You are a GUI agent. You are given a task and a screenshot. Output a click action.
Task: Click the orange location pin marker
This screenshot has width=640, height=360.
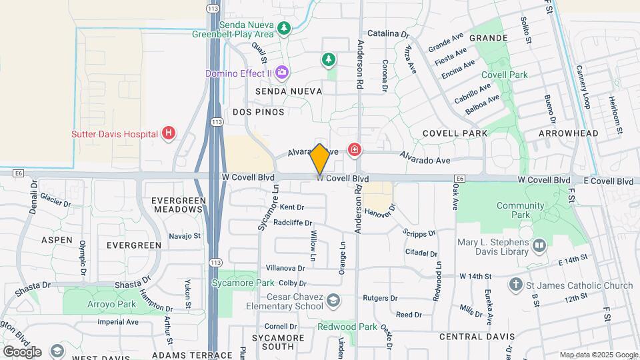[320, 159]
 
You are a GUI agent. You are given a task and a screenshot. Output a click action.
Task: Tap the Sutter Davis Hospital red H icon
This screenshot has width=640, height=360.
[169, 133]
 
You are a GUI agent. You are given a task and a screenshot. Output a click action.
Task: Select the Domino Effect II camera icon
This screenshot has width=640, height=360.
[282, 71]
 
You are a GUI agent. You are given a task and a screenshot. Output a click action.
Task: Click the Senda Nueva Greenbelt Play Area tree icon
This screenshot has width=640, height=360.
[285, 28]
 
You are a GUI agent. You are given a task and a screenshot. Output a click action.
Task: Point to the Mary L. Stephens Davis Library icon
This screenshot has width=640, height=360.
[539, 247]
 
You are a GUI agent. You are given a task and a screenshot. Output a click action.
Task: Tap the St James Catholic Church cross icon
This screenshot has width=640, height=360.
[515, 285]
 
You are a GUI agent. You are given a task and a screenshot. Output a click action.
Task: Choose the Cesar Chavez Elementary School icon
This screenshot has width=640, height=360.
[332, 302]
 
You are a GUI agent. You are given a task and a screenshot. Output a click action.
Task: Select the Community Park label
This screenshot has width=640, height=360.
[521, 210]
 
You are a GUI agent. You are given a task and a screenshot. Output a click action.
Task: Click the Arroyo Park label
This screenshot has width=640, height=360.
[112, 304]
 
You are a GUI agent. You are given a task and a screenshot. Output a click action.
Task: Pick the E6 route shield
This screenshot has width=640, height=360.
[18, 173]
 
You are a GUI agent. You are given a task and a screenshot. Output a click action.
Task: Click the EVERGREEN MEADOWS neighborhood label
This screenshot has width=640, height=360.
[177, 204]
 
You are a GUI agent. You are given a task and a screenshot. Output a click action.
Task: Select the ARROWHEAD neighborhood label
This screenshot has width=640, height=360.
[568, 133]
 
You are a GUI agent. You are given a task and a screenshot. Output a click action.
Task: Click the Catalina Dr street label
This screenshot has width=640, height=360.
[387, 33]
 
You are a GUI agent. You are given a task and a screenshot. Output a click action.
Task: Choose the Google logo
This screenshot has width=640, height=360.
[22, 351]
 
